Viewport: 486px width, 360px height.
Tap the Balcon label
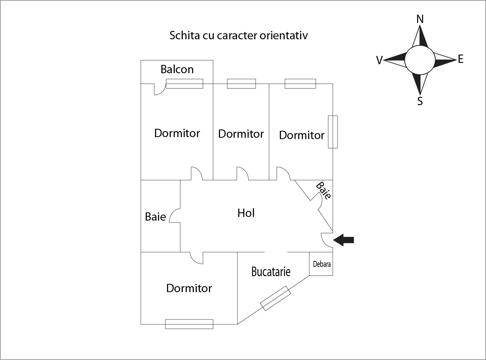tap(177, 69)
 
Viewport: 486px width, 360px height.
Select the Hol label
tap(246, 213)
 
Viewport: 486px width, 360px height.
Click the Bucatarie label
tap(271, 271)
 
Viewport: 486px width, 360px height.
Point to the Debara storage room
tap(321, 264)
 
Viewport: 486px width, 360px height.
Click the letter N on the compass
tap(420, 19)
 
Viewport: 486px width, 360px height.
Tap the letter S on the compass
tap(420, 101)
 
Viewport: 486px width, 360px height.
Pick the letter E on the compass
tap(460, 59)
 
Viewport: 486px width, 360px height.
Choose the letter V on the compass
tap(379, 60)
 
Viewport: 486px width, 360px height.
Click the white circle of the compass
tap(420, 60)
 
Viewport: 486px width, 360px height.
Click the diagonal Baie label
tap(323, 191)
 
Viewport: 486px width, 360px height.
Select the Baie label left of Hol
tap(155, 217)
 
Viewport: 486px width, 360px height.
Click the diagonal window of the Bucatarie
tap(276, 298)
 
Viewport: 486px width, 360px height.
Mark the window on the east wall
tap(333, 132)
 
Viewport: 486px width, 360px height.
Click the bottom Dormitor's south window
tap(189, 324)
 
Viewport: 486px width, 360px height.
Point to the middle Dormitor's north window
tap(241, 84)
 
